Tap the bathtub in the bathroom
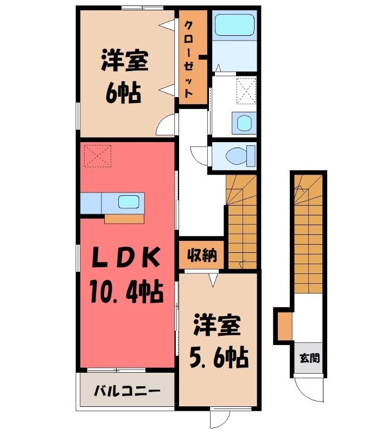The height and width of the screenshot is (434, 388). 234,25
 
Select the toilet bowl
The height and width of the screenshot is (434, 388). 236,156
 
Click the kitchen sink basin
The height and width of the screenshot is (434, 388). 129,202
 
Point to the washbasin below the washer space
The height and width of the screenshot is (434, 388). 244,122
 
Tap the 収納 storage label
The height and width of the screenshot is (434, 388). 201,254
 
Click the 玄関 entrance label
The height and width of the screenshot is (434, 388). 309,358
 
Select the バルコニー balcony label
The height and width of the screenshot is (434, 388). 127,391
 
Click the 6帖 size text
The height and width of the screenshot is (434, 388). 123,93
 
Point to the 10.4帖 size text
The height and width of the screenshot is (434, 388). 126,291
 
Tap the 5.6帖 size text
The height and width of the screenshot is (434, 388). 219,358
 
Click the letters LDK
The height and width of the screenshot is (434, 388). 126,257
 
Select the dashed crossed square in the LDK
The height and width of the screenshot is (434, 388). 98,156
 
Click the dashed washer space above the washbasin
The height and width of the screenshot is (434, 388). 246,91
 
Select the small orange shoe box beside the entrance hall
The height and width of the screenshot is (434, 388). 285,326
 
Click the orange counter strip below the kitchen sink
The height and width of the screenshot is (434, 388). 124,219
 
